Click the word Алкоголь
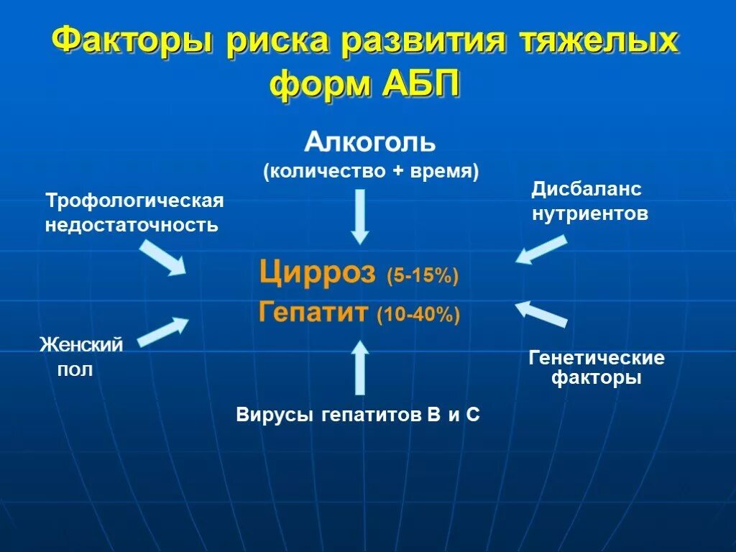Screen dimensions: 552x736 click(x=370, y=142)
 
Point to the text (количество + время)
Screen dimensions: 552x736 click(x=370, y=172)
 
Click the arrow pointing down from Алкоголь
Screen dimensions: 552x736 click(x=360, y=216)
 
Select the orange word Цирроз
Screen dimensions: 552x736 click(x=317, y=273)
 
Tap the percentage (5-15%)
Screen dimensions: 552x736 click(x=422, y=277)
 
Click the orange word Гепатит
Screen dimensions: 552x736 click(x=313, y=313)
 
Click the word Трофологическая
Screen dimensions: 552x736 click(x=135, y=201)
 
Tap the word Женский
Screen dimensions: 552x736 click(x=80, y=345)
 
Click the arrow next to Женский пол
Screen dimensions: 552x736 click(x=163, y=332)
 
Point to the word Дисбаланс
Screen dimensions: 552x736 click(x=586, y=190)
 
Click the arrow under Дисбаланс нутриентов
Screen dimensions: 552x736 click(x=540, y=249)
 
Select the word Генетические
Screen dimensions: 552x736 click(x=597, y=358)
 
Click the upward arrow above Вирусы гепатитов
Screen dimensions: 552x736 click(x=360, y=367)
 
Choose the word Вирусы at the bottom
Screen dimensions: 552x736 click(x=275, y=415)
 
